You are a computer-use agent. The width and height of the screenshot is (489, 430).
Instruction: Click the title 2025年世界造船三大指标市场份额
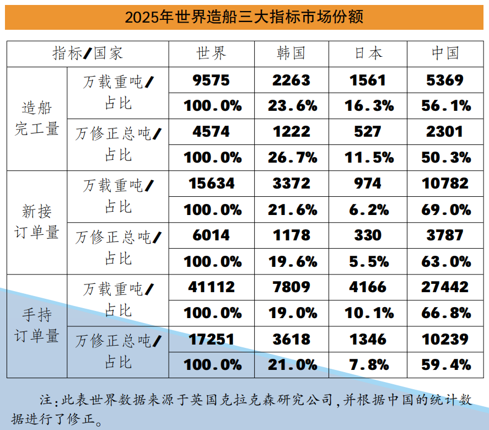(x=244, y=17)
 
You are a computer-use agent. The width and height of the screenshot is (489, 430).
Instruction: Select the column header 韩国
(x=291, y=53)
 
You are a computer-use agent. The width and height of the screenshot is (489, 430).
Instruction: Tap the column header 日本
(x=368, y=53)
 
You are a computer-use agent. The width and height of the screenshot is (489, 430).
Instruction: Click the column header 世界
(x=212, y=53)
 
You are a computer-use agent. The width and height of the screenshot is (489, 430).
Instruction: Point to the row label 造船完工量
(x=36, y=118)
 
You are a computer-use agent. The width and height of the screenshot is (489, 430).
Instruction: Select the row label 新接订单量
(x=36, y=222)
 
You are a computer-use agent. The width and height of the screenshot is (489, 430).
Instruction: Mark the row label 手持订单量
(x=36, y=325)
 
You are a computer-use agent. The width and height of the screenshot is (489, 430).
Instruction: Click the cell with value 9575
(x=212, y=80)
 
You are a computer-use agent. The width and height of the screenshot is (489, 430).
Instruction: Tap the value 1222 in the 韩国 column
(x=291, y=132)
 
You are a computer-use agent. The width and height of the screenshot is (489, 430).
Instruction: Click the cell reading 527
(x=368, y=132)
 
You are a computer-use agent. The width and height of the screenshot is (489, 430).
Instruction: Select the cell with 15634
(x=212, y=183)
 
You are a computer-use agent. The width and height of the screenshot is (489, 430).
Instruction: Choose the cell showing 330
(x=368, y=235)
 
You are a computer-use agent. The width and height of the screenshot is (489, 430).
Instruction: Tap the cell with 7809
(x=291, y=287)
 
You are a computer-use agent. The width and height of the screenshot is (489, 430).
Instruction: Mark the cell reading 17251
(x=212, y=338)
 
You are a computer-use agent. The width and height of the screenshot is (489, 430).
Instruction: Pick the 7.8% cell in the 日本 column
(x=368, y=364)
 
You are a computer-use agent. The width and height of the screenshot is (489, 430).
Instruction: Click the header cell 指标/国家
(x=88, y=53)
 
